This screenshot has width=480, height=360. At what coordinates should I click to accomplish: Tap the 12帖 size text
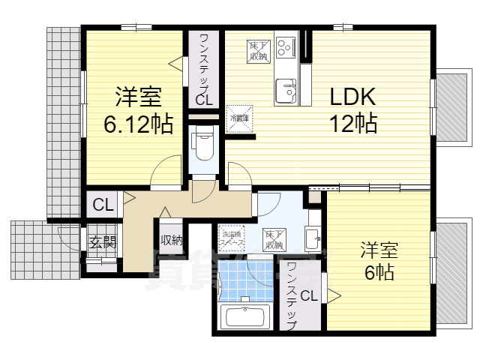[x=352, y=123]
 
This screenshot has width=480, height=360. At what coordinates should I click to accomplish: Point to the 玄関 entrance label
[x=103, y=242]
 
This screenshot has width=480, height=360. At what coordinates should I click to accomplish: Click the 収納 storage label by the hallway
[x=171, y=241]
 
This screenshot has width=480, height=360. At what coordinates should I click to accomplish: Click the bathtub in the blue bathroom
[x=247, y=316]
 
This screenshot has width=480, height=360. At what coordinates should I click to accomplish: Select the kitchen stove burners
[x=286, y=49]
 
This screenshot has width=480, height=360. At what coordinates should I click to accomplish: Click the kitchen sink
[x=286, y=91]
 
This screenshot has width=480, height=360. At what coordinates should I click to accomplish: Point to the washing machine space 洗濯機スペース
[x=231, y=238]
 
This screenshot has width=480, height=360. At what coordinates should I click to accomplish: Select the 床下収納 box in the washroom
[x=273, y=238]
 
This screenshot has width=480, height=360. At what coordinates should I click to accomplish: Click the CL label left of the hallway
[x=103, y=204]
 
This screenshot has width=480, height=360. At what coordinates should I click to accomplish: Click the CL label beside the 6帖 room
[x=309, y=296]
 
